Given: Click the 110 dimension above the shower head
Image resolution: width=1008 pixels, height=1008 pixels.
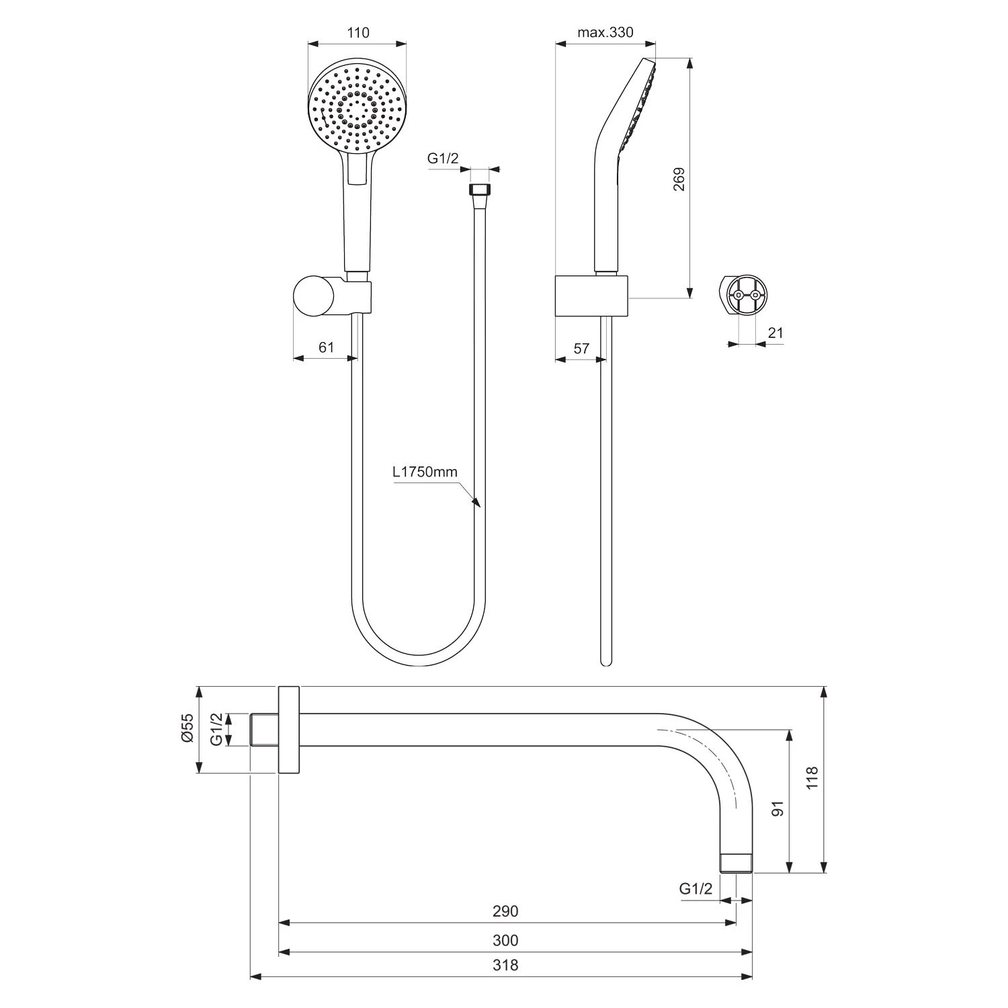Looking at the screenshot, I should (x=358, y=33).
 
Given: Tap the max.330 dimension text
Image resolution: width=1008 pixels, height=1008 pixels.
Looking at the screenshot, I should (x=605, y=33).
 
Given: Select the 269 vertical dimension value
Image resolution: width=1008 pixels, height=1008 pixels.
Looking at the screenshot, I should (x=679, y=179).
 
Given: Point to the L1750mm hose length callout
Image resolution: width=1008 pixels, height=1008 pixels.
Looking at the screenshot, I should (x=425, y=472).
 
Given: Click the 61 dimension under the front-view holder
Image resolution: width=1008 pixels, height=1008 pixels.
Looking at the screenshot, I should (x=326, y=347).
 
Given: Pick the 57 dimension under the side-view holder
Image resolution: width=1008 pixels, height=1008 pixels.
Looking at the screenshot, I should (x=581, y=348).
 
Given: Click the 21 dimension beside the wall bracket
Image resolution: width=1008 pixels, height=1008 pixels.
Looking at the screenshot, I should (x=775, y=333).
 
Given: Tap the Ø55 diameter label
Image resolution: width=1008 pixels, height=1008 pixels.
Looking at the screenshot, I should (x=187, y=728).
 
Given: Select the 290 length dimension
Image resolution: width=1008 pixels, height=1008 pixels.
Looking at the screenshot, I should (x=505, y=911).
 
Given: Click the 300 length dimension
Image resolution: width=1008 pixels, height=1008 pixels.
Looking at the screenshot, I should (x=505, y=940).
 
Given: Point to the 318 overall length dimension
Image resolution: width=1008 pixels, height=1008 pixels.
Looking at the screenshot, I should (x=505, y=966).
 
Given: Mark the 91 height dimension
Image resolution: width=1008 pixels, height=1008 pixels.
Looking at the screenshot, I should (x=778, y=808).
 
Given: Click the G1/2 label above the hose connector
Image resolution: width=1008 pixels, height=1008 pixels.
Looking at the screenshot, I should (x=443, y=159).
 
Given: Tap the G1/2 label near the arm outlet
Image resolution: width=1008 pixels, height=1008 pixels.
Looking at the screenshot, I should (x=696, y=889).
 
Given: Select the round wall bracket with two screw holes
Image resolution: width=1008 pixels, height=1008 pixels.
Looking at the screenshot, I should (x=746, y=294).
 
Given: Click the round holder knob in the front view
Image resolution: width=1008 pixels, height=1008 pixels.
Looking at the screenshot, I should (x=313, y=296).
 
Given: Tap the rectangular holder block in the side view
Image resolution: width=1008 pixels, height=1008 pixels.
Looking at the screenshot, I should (x=591, y=295).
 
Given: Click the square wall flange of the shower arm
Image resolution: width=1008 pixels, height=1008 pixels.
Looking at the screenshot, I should (x=288, y=730).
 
